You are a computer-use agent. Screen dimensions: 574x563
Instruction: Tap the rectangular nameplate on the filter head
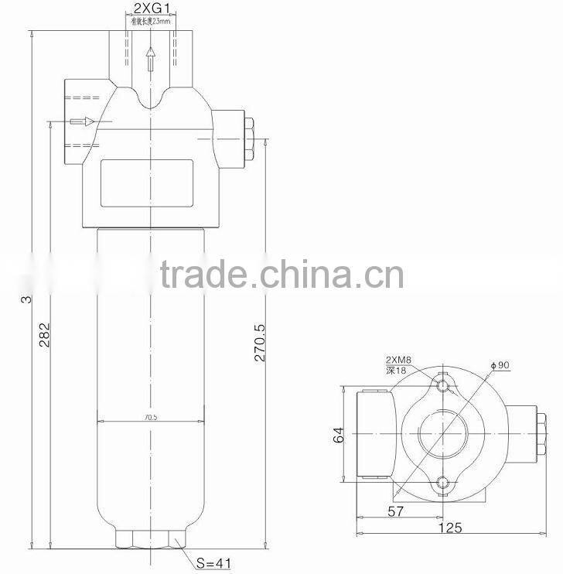[x=146, y=183]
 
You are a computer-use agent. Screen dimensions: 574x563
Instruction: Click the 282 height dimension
[x=45, y=333]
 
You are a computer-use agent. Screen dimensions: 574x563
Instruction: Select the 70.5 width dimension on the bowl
[x=150, y=417]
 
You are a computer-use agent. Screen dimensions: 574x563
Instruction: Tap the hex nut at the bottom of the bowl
[x=151, y=539]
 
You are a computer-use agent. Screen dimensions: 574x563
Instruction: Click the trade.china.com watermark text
[x=281, y=274]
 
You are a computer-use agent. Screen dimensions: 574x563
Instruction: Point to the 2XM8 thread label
[x=398, y=360]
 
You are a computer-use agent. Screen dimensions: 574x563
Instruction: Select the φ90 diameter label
[x=498, y=365]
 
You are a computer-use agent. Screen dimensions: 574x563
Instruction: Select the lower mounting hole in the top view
[x=442, y=484]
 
